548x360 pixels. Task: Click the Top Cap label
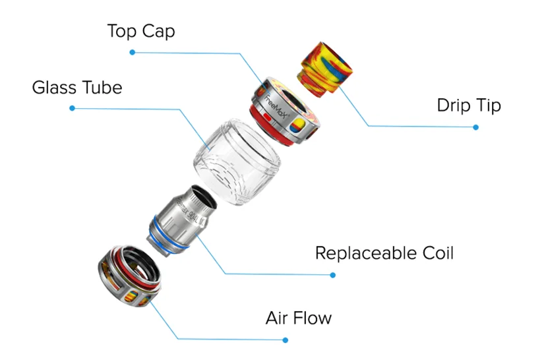[x=141, y=31]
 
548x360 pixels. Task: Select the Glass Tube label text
[x=76, y=88]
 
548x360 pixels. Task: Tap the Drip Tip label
[x=468, y=105]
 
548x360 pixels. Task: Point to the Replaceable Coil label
[x=384, y=253]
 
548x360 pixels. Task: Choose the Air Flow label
[x=298, y=318]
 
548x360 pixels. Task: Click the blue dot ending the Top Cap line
[x=132, y=52]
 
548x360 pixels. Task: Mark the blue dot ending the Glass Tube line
[x=72, y=108]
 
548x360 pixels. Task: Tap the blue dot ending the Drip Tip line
[x=475, y=127]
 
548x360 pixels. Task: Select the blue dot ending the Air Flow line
[x=285, y=340]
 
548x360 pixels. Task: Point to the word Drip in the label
[x=452, y=105]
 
